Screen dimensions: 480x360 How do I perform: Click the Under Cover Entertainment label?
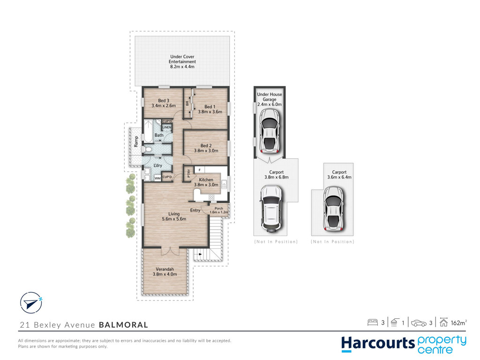[182, 59]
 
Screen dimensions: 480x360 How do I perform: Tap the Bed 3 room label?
[164, 100]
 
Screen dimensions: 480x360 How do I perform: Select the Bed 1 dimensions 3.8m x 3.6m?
[210, 112]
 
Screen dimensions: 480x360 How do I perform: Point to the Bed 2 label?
[206, 146]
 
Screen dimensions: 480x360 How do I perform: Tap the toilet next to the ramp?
[148, 150]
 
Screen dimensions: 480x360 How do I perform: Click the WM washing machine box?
[157, 178]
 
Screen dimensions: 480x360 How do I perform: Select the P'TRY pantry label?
[189, 173]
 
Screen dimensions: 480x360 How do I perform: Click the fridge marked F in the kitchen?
[200, 170]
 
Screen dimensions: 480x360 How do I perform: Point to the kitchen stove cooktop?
[211, 197]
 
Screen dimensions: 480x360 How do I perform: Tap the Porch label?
[219, 209]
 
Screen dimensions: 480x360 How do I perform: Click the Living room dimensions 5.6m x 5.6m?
[174, 219]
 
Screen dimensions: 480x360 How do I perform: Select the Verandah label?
[165, 270]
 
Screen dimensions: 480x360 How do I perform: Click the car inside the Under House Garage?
[269, 131]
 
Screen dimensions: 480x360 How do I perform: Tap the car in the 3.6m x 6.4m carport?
[333, 209]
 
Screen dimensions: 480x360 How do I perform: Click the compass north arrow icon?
[31, 303]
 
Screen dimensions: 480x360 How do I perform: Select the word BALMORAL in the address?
[123, 325]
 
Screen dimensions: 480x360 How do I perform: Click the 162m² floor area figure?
[458, 322]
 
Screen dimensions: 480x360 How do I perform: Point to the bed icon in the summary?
[373, 322]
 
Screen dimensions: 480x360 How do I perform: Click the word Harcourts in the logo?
[378, 344]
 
